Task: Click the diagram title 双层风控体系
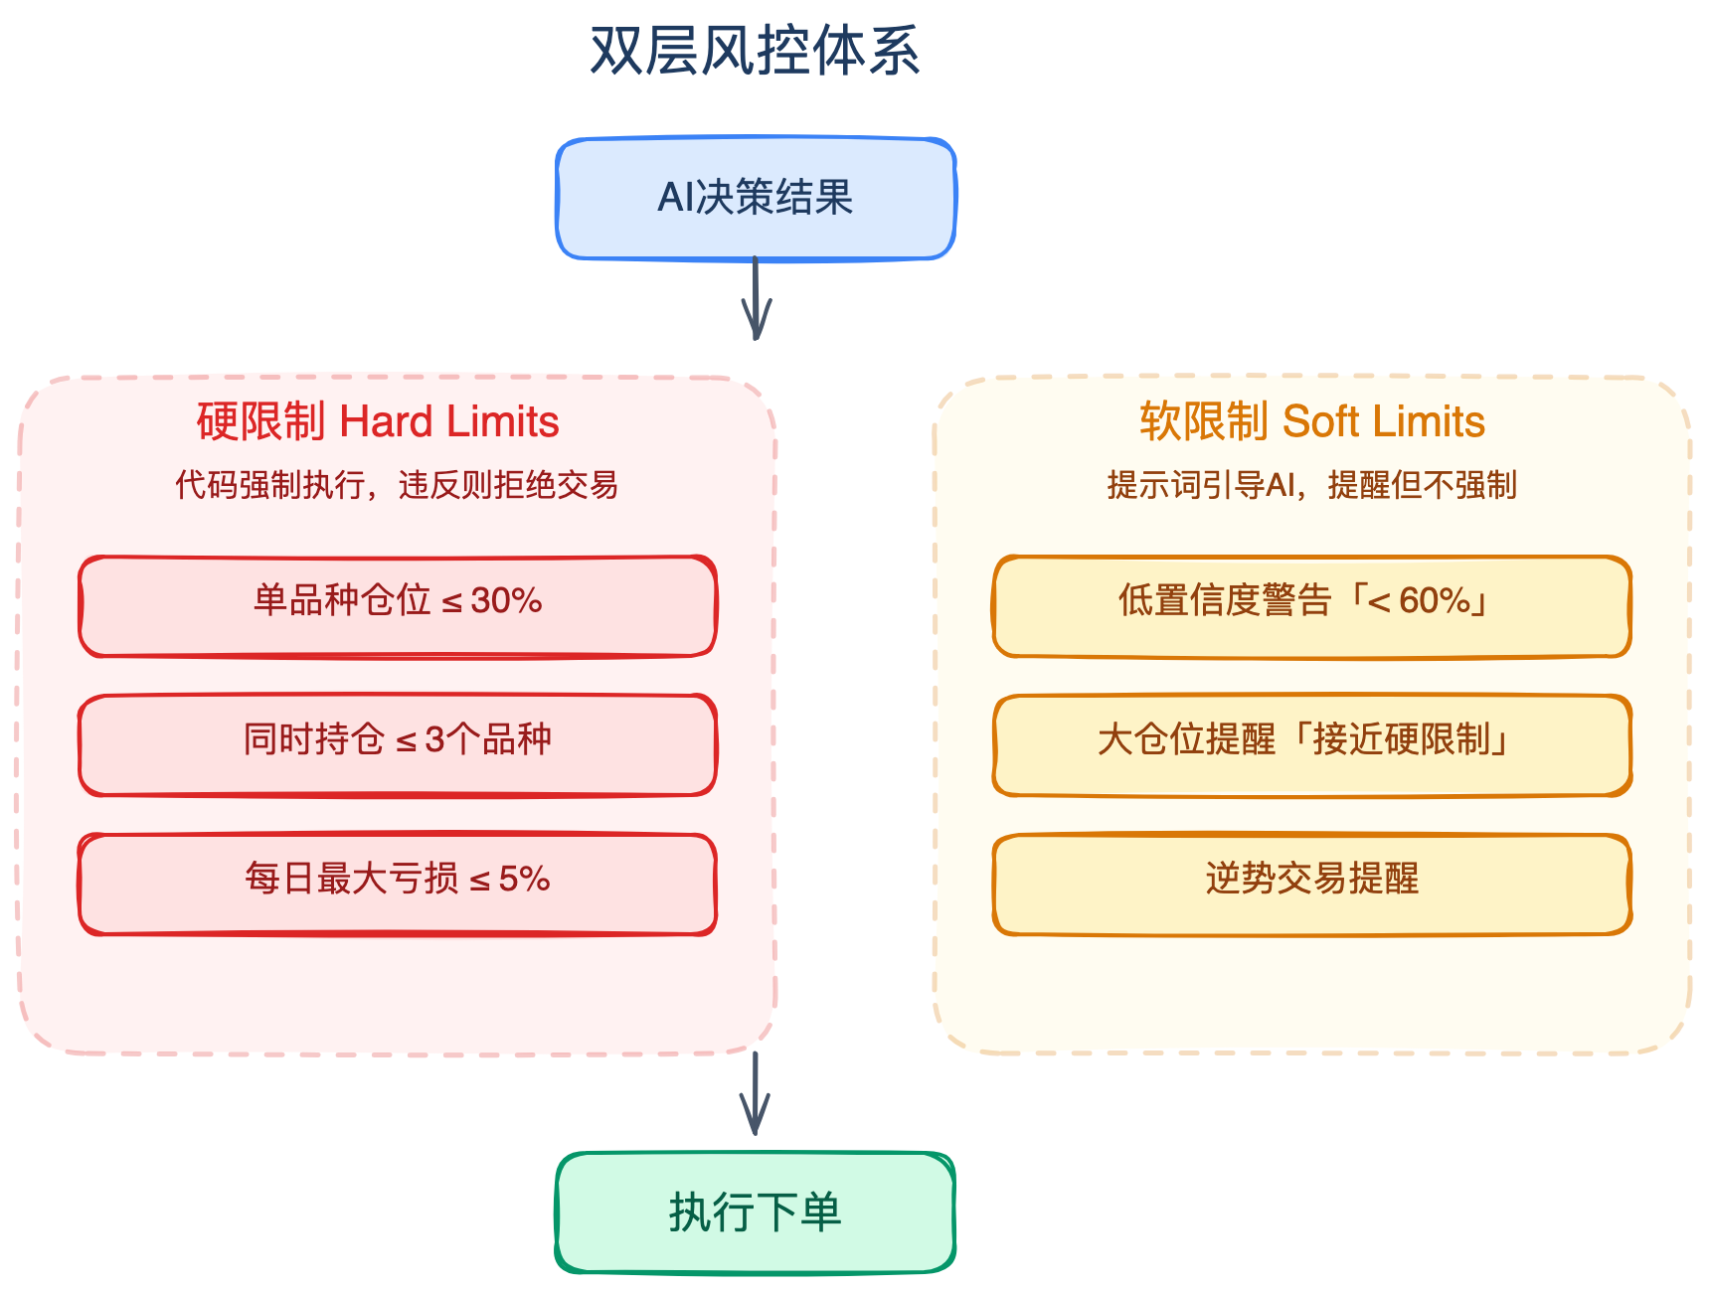tap(755, 52)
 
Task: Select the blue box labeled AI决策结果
tap(756, 198)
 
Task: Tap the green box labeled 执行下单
tap(756, 1212)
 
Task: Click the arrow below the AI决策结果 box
tap(756, 298)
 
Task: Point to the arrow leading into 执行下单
tap(756, 1093)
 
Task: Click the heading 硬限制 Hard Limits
tap(378, 421)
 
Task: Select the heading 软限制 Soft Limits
tap(1312, 421)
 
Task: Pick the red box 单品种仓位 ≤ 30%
tap(398, 606)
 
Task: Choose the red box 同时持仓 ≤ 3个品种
tap(398, 745)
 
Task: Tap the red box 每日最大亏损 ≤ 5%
tap(398, 885)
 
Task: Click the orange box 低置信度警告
tap(1312, 606)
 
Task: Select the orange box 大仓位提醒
tap(1312, 745)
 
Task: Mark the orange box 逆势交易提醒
tap(1312, 885)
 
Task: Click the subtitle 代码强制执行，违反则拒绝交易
tap(397, 485)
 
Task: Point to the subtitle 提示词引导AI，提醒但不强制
tap(1312, 485)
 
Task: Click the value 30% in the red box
tap(506, 600)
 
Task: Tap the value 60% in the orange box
tap(1435, 600)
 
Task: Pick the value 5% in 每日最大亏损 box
tap(524, 879)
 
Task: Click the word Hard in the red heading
tap(386, 421)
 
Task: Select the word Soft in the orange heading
tap(1317, 421)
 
